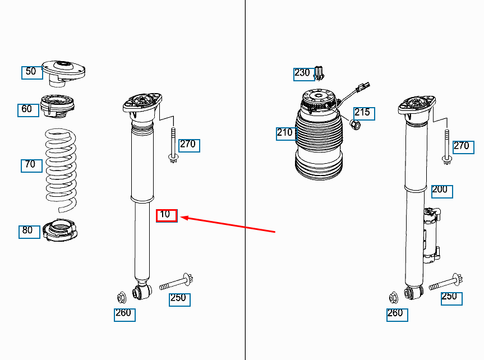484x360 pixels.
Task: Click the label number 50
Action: tap(31, 72)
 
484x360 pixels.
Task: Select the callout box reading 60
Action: tap(27, 109)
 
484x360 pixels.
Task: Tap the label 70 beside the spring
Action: tap(31, 165)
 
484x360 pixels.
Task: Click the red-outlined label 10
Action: tap(166, 215)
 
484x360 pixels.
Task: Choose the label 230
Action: tap(302, 73)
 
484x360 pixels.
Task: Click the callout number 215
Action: tap(363, 113)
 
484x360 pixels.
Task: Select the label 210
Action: tap(285, 133)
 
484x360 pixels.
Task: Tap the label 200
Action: tap(441, 190)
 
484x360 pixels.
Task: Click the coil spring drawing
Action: tap(61, 168)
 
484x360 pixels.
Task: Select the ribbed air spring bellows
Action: tap(317, 146)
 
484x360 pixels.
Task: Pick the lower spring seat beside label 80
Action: tap(62, 230)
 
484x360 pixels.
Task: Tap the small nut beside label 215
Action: tap(355, 123)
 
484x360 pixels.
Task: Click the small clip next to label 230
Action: tap(319, 73)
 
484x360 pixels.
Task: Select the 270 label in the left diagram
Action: tap(188, 145)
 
